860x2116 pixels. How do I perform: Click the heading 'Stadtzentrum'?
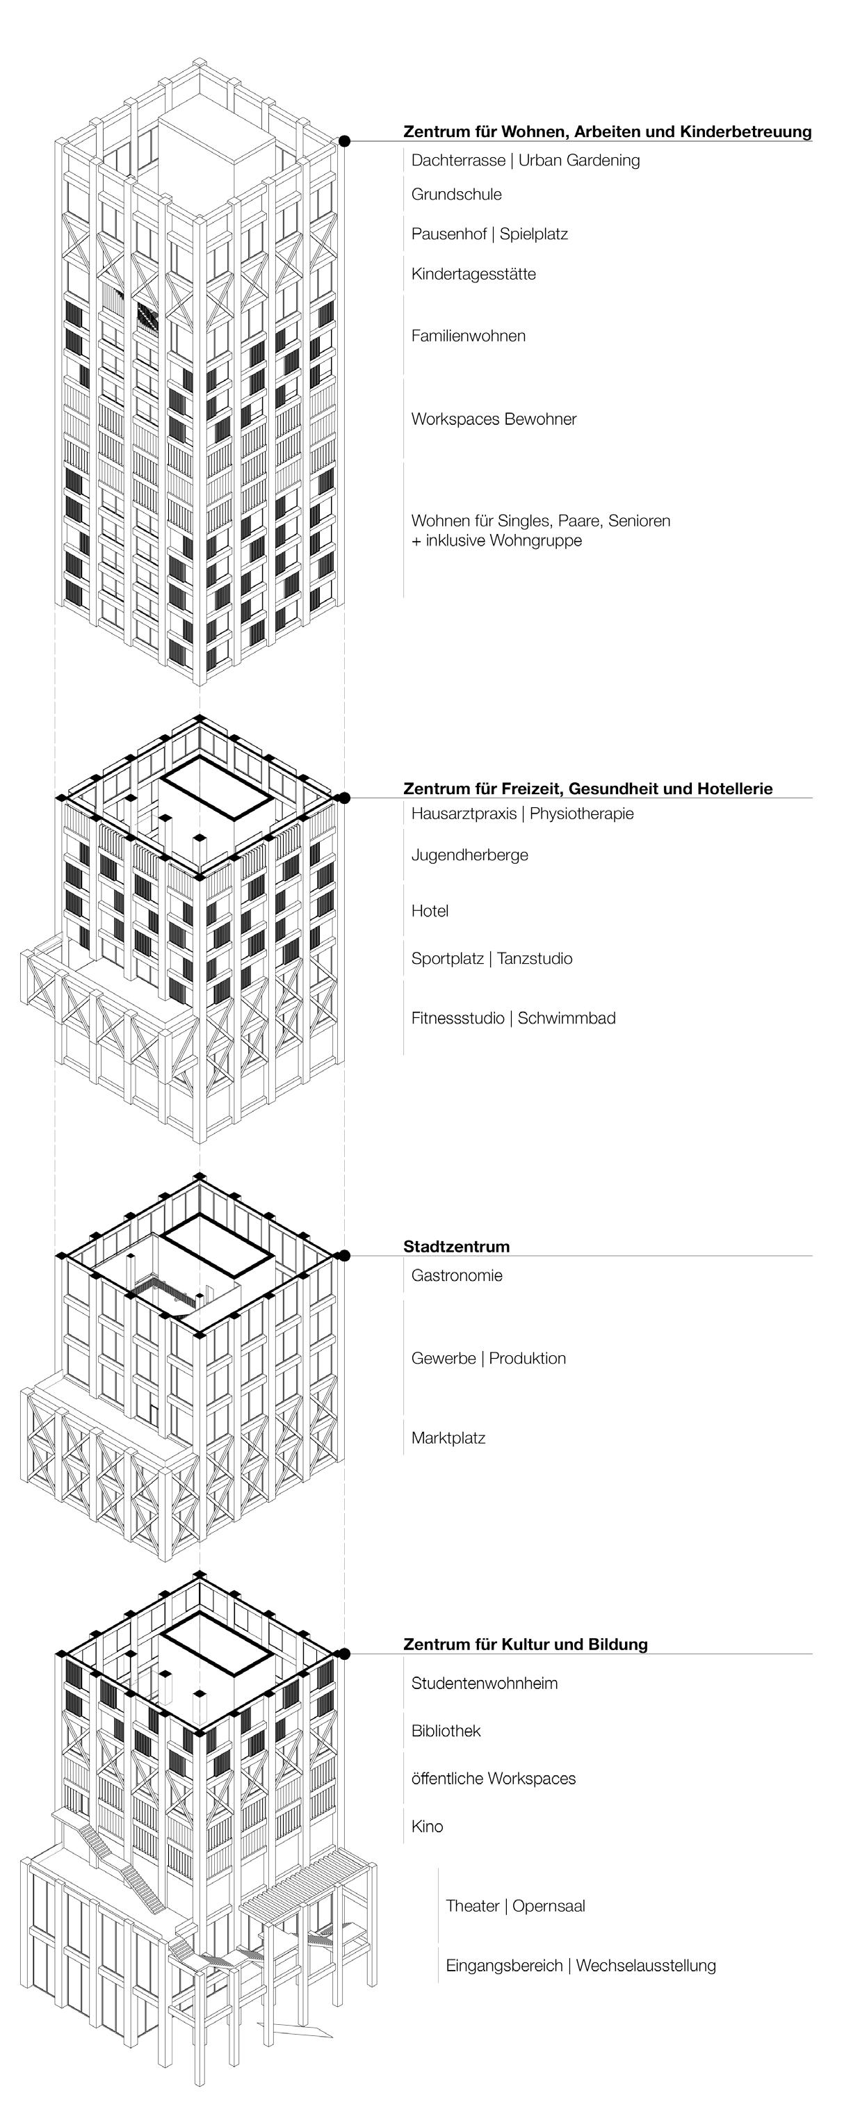[456, 1246]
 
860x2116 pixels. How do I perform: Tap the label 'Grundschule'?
[456, 195]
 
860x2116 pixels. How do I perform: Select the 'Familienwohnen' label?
[468, 335]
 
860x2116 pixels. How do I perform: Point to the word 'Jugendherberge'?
[469, 855]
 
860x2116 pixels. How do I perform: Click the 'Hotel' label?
[430, 910]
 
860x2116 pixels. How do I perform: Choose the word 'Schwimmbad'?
[566, 1018]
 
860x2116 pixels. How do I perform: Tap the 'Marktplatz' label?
[448, 1437]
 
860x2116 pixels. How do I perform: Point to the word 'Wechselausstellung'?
[646, 1965]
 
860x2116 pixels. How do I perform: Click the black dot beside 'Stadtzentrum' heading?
[345, 1255]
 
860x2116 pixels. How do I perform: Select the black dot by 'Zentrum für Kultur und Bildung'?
[345, 1654]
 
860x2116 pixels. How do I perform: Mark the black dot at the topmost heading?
[345, 141]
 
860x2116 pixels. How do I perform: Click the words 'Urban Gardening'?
[578, 160]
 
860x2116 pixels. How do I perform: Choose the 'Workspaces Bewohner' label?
[494, 419]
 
